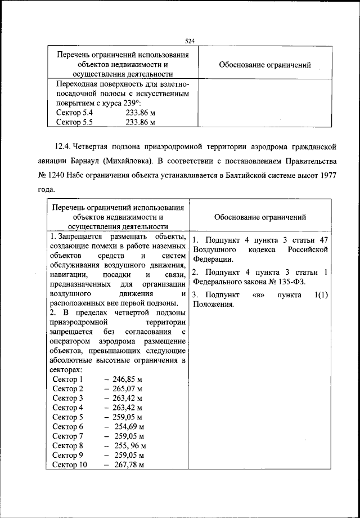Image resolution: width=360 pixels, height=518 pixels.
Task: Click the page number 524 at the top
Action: point(189,41)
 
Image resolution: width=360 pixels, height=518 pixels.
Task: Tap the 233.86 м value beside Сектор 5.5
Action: point(140,122)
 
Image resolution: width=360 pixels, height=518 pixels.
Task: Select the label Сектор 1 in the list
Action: point(67,379)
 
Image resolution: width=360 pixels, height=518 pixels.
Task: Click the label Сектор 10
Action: point(70,465)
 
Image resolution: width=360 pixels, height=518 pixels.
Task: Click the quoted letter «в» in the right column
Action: point(259,295)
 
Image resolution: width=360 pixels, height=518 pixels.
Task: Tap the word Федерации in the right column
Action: point(211,259)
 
